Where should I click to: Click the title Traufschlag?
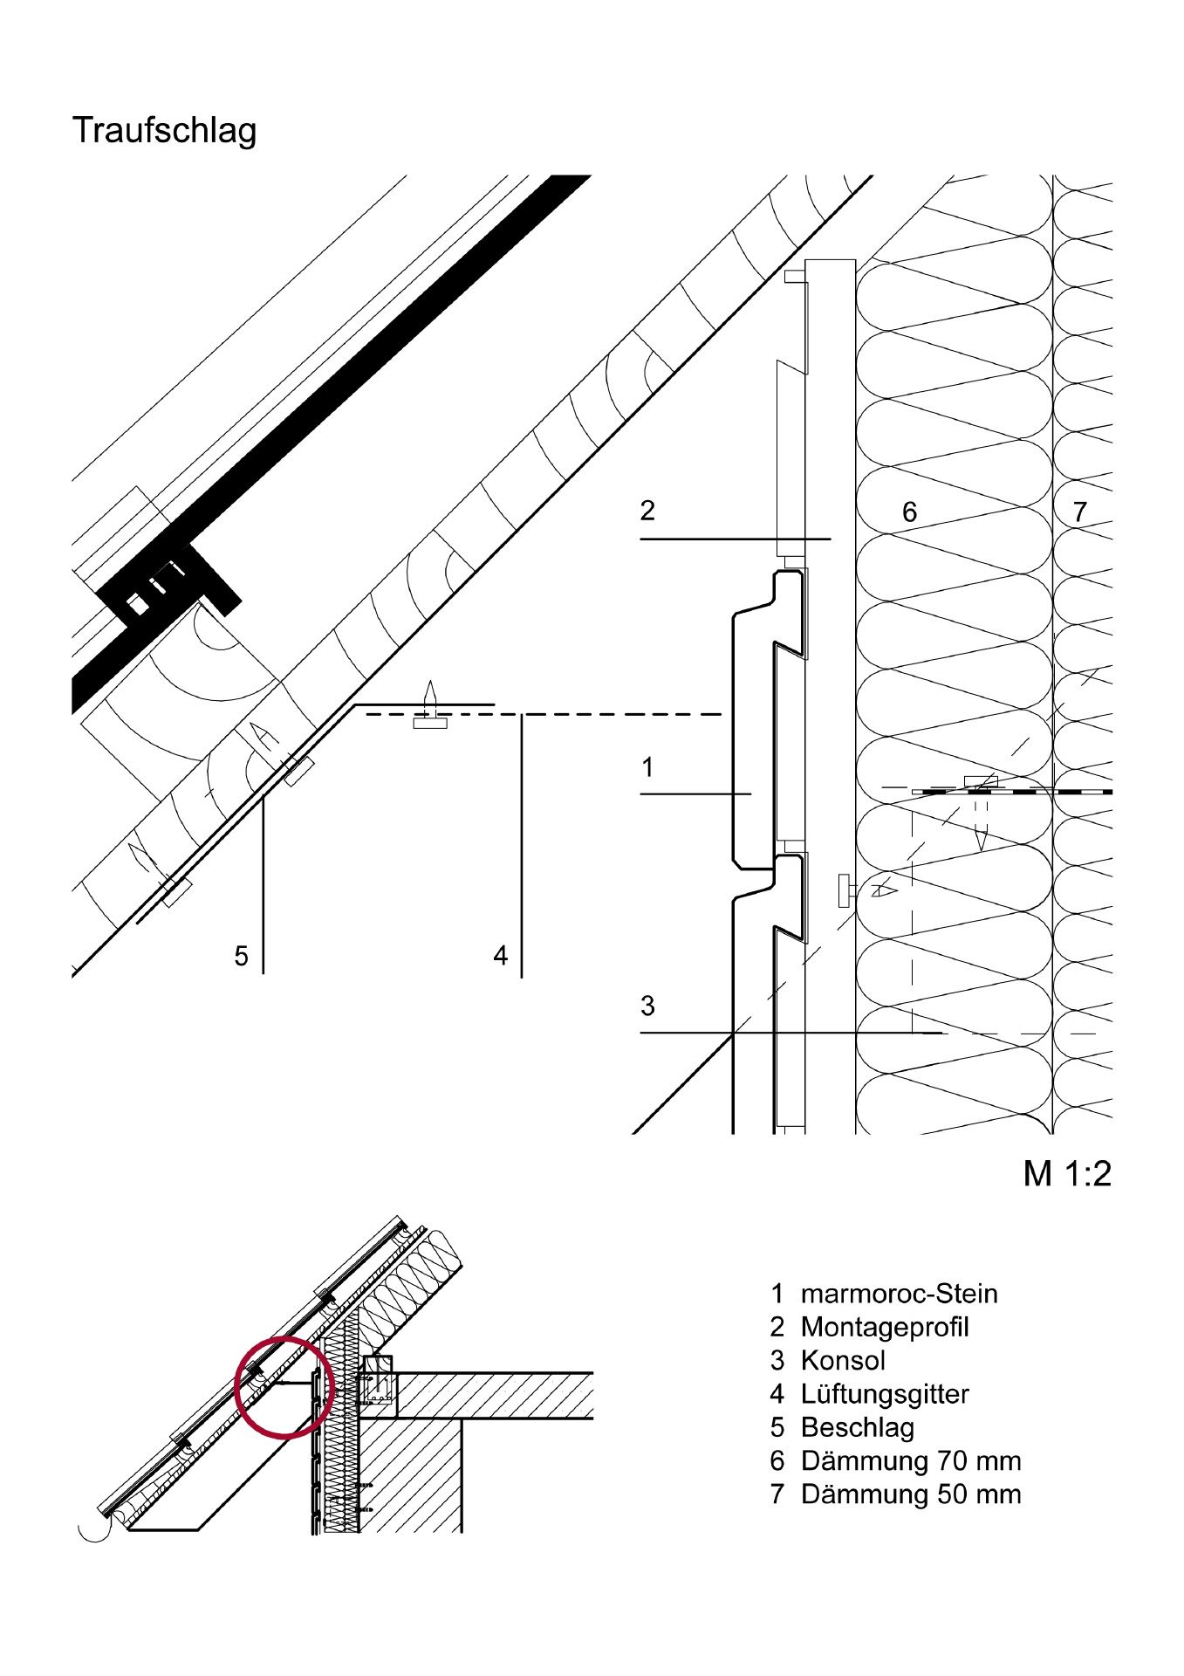pos(164,131)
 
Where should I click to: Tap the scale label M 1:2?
pos(1066,1174)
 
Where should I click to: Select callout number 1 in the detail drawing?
pos(647,767)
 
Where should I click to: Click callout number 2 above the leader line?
pos(647,511)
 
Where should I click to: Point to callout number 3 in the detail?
pos(647,1006)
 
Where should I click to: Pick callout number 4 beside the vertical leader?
pos(500,956)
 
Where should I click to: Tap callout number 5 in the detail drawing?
pos(242,957)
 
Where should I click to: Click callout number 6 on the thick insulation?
pos(909,512)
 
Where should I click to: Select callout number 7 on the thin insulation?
pos(1080,512)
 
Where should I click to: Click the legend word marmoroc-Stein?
pos(899,1294)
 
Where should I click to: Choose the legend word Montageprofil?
pos(884,1327)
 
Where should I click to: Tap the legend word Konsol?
pos(842,1361)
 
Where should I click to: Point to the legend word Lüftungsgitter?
pos(884,1394)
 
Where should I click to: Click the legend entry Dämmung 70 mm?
pos(910,1460)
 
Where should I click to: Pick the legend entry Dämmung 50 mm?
pos(910,1494)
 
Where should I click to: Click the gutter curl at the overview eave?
pos(90,1530)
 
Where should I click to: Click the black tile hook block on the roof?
pos(166,585)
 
